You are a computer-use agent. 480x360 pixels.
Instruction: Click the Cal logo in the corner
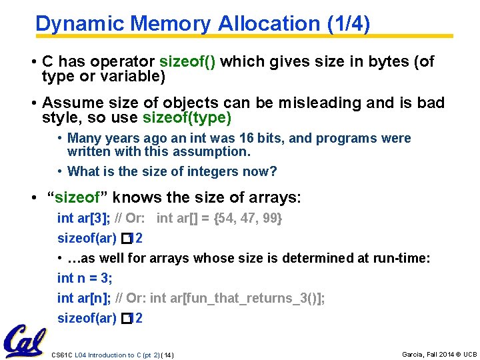(x=25, y=340)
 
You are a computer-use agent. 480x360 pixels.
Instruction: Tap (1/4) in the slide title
(x=349, y=23)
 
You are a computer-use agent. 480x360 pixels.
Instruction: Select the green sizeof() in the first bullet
(x=187, y=62)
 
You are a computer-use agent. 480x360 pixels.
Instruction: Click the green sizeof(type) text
(x=187, y=119)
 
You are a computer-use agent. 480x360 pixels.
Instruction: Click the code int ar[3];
(x=84, y=218)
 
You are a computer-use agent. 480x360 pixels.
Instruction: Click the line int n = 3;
(x=85, y=278)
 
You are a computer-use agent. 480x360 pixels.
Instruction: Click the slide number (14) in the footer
(x=167, y=355)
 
